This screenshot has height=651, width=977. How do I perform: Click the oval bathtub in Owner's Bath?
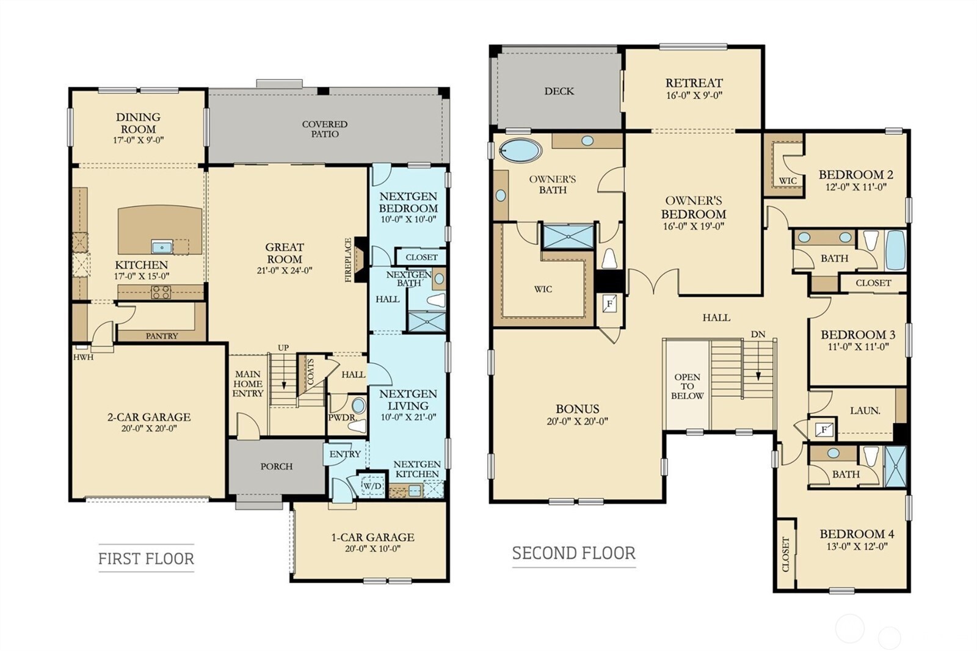(520, 150)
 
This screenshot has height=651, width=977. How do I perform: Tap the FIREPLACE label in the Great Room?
(349, 260)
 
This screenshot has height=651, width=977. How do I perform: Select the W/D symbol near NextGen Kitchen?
(372, 486)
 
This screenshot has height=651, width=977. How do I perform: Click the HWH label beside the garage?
(83, 357)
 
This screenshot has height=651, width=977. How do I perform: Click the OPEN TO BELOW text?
(687, 386)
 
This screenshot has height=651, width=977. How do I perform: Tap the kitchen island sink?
(162, 247)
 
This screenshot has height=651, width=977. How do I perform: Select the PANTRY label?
(162, 336)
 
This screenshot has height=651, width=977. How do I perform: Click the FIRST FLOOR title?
(146, 558)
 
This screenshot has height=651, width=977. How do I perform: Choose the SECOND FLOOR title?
(573, 553)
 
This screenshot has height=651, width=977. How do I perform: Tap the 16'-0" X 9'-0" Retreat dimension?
(694, 95)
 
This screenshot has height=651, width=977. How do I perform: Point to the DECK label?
(559, 91)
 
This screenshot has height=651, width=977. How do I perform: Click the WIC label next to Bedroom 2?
(787, 181)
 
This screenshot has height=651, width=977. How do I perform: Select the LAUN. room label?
(865, 411)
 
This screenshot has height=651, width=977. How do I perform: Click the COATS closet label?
(310, 372)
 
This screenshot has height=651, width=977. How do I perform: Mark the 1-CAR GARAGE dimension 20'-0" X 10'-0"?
(372, 548)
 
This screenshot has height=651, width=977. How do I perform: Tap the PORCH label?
(277, 467)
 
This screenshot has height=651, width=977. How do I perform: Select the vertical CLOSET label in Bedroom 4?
(785, 554)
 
